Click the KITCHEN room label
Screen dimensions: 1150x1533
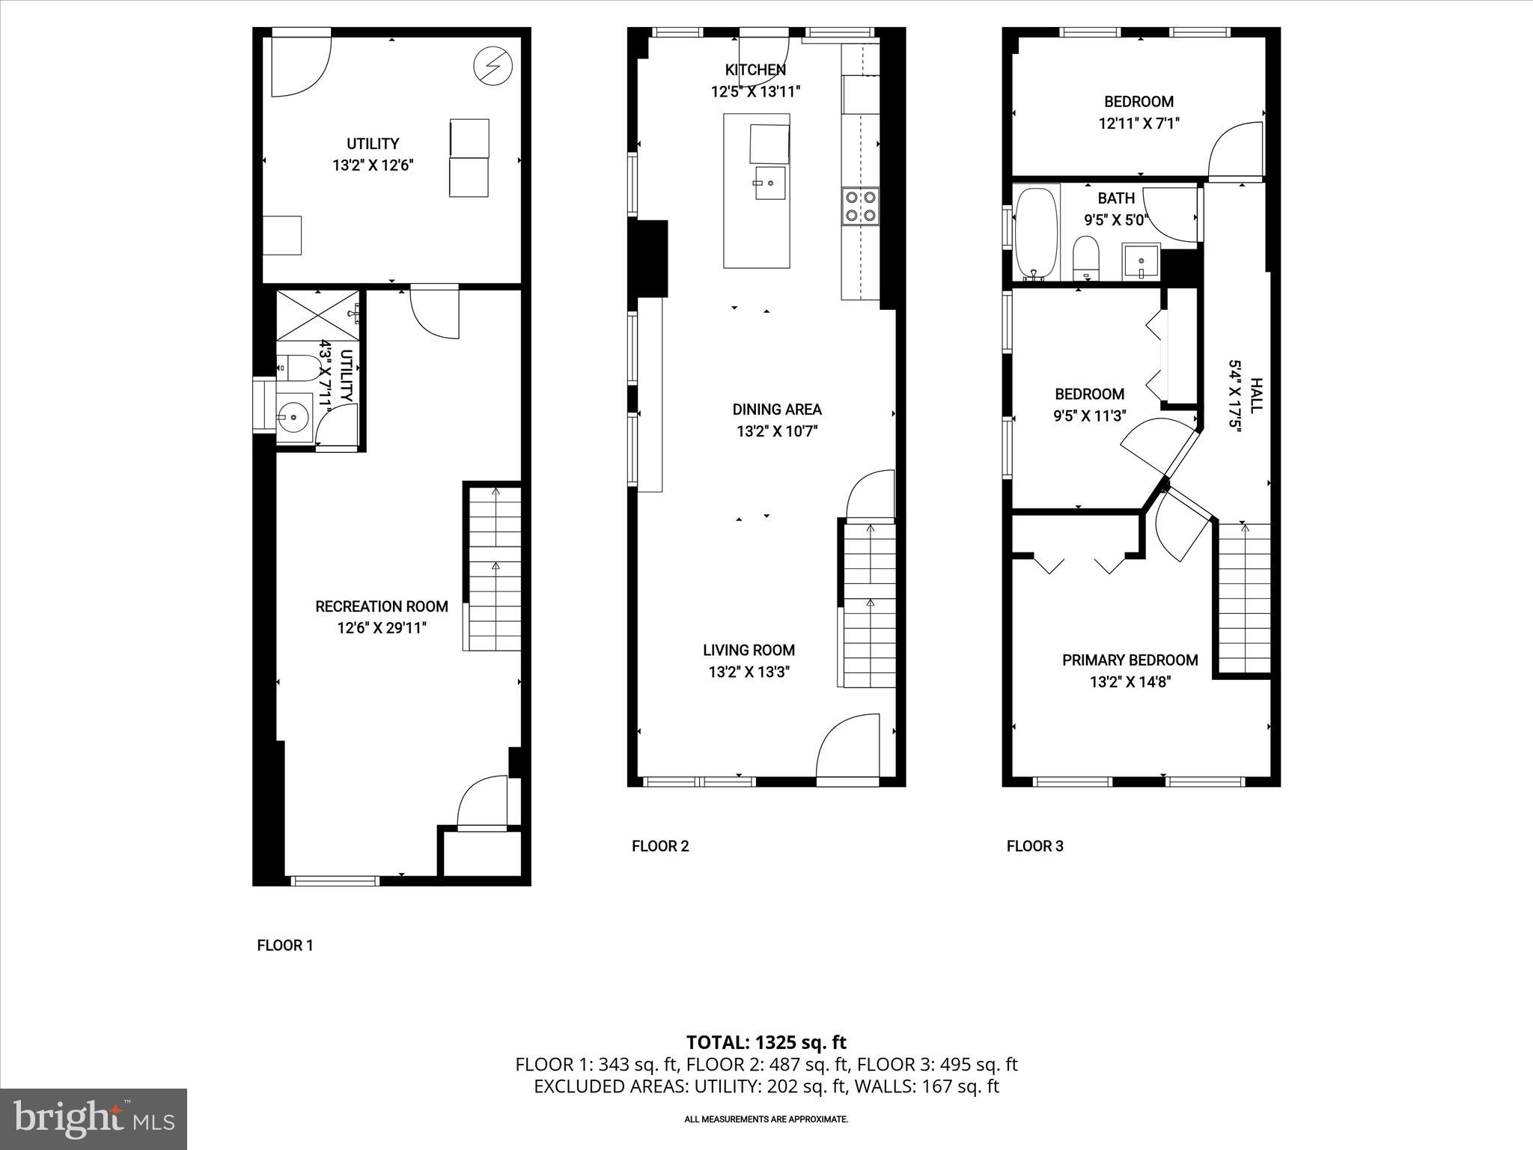click(755, 70)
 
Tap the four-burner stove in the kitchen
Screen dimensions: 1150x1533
click(860, 207)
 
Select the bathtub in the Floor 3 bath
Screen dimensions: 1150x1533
click(1037, 232)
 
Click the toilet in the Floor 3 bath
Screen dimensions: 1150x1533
click(1085, 256)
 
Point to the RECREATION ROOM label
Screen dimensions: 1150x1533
click(382, 606)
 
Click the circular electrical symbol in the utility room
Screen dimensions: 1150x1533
click(493, 67)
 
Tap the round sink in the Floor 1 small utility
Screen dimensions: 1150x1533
click(293, 416)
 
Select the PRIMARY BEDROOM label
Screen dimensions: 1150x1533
click(1130, 660)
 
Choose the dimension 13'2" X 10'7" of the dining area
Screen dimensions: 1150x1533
click(777, 431)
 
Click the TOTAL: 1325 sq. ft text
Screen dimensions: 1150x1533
click(766, 1042)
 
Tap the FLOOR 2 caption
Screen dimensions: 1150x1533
click(659, 846)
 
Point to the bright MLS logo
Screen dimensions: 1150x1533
click(94, 1119)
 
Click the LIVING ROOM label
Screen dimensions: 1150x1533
click(749, 650)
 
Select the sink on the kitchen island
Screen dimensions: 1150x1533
click(769, 182)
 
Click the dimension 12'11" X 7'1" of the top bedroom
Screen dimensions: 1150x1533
click(1139, 124)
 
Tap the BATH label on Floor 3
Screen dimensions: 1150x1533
click(1115, 198)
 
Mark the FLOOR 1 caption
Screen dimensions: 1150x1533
click(284, 945)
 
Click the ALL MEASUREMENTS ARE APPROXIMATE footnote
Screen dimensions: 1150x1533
click(766, 1119)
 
